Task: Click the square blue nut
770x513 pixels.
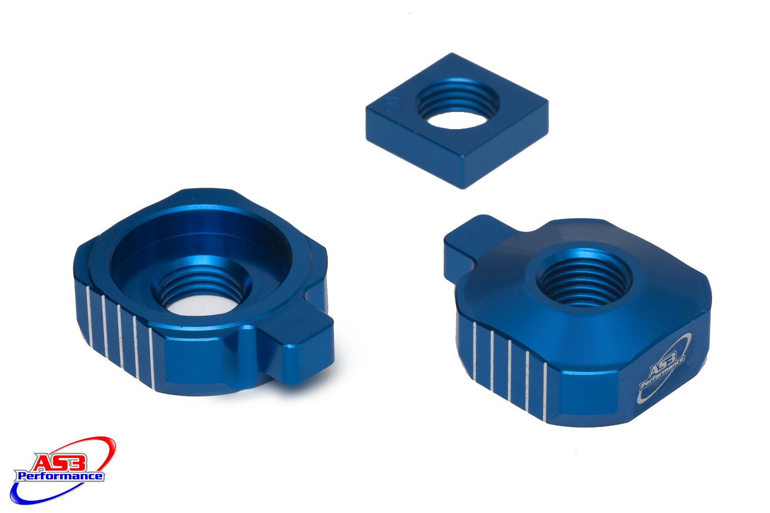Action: [x=457, y=121]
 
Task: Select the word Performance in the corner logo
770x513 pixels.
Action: [x=60, y=476]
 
